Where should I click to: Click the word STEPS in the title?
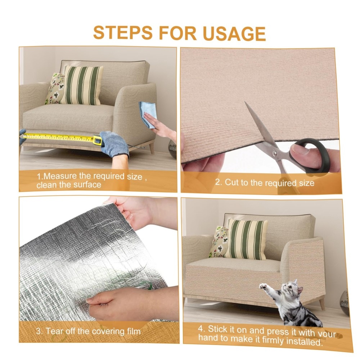(x=123, y=33)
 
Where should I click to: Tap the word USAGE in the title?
(x=234, y=33)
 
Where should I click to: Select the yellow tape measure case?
(x=98, y=140)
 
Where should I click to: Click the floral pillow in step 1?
(x=54, y=89)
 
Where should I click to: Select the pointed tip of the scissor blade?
(x=245, y=102)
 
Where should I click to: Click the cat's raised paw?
(x=262, y=286)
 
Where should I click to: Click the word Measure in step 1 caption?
(x=60, y=176)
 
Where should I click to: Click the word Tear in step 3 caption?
(x=55, y=331)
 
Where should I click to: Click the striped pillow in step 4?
(x=246, y=239)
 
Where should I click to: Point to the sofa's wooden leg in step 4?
(x=322, y=303)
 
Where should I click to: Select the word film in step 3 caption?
(x=134, y=332)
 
